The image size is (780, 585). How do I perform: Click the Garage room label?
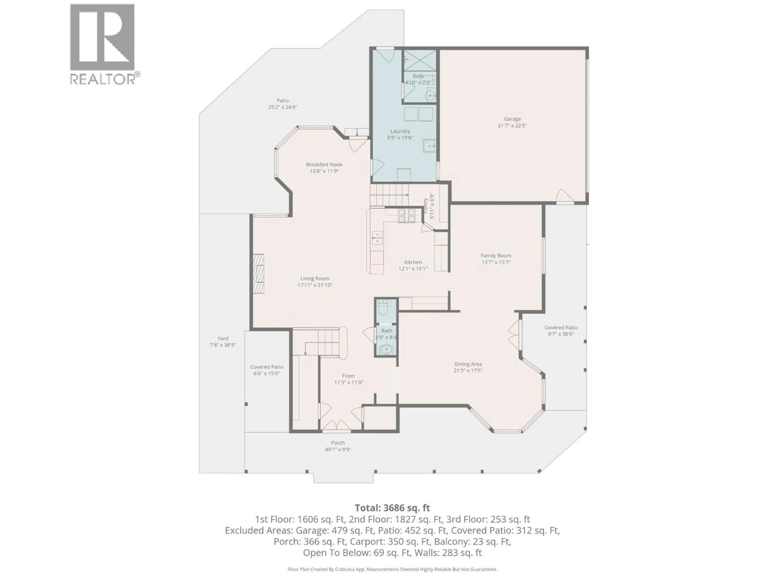coord(512,119)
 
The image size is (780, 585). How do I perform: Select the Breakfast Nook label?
coord(324,164)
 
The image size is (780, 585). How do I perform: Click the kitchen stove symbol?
coord(407,216)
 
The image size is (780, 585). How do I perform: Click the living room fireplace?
coord(258,273)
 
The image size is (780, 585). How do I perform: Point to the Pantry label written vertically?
coord(425,206)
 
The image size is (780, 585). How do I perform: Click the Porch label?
coord(338,443)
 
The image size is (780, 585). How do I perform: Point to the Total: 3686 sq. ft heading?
coord(392,508)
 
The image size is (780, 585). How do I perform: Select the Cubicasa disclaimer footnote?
coord(392,569)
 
